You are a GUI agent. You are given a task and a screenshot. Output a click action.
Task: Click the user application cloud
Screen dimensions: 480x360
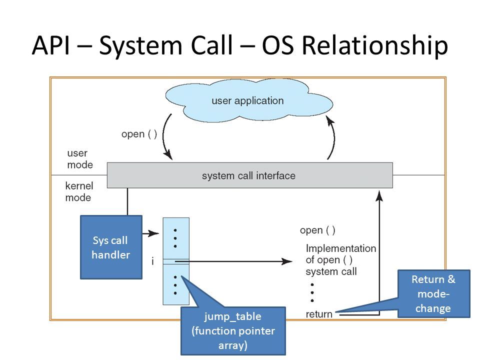(249, 100)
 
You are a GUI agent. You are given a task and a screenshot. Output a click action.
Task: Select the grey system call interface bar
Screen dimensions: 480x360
(250, 175)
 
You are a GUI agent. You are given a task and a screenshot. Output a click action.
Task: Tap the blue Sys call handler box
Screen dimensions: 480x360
(111, 247)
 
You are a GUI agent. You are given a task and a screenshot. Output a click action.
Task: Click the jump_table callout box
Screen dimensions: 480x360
(233, 330)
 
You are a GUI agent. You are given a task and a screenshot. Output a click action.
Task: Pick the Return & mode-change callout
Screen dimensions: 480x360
(434, 293)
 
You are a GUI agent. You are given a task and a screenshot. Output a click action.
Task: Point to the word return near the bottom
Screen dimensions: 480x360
(319, 314)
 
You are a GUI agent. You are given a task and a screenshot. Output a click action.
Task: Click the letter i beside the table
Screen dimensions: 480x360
(152, 261)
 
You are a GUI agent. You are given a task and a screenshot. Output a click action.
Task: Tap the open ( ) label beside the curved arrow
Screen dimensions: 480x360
(139, 134)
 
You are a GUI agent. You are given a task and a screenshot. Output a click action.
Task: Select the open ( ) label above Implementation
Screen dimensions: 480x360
(317, 230)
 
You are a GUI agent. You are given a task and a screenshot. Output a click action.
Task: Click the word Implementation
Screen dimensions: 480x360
(340, 248)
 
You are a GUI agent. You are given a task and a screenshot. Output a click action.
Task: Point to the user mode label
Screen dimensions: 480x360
(80, 159)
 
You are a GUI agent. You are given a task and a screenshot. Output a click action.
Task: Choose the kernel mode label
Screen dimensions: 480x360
(79, 191)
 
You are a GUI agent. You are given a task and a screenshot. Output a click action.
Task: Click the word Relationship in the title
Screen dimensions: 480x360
(375, 46)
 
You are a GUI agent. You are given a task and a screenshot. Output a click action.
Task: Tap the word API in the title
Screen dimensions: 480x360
(51, 45)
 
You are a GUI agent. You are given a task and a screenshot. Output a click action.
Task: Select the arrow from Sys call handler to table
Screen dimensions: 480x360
(150, 233)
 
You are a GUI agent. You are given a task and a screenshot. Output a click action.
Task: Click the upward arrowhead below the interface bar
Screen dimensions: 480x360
(379, 196)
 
